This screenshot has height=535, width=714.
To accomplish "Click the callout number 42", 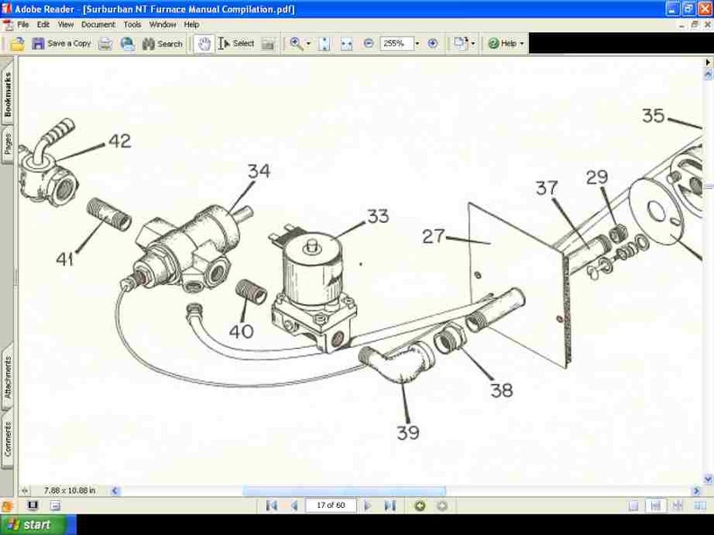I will [120, 141].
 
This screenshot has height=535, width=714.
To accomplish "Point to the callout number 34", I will [259, 171].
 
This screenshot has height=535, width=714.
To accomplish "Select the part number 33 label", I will [378, 217].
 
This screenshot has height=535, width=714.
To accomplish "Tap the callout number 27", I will [434, 236].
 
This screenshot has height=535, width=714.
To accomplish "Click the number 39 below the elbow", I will [408, 432].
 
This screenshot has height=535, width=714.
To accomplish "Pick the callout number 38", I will [502, 390].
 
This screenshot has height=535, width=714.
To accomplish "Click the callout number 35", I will [654, 116].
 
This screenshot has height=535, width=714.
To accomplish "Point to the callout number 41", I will [65, 259].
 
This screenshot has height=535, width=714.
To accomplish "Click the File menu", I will [22, 24].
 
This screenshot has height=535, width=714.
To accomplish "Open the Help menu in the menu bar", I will [192, 24].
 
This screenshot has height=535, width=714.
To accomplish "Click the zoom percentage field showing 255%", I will [396, 43].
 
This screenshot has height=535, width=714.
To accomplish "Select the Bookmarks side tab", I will [8, 94].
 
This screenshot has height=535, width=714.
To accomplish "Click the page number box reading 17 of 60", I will [330, 505].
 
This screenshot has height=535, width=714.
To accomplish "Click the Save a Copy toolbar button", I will [62, 43].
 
